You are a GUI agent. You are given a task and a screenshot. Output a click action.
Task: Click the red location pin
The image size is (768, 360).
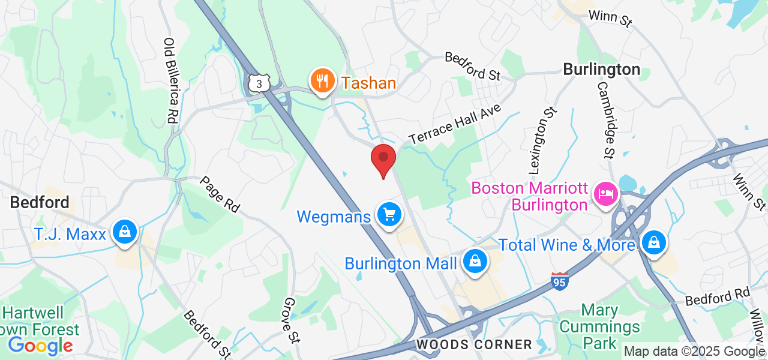[x=383, y=159]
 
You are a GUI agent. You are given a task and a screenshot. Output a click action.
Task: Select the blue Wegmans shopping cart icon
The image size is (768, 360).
[x=389, y=214]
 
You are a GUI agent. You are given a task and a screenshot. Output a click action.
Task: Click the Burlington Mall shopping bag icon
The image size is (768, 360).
[x=475, y=262]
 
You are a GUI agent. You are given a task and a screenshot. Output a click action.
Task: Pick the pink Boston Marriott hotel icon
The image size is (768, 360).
[x=605, y=194]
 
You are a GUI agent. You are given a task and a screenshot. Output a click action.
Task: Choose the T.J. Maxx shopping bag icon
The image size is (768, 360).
[x=125, y=232]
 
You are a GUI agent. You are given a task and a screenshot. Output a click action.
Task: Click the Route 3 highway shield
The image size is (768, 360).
[x=259, y=83]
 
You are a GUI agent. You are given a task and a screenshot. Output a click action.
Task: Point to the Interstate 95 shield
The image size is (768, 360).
[x=560, y=281]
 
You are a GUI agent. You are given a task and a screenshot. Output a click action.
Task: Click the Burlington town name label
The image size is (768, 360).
[x=602, y=70]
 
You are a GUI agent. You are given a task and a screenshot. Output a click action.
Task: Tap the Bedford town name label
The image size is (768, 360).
[x=40, y=202]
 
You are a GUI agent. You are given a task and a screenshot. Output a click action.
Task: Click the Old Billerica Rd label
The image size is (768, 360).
[x=170, y=81]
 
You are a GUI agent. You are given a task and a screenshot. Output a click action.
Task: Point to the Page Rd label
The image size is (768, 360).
[x=220, y=194]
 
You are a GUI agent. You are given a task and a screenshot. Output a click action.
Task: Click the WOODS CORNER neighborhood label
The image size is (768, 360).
[x=474, y=344]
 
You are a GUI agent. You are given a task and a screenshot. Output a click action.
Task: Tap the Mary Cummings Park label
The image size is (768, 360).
[x=601, y=327]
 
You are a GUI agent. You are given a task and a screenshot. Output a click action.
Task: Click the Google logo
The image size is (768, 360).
[x=40, y=346]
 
